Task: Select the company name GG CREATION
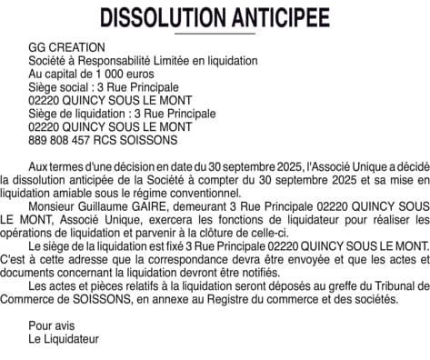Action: (67, 47)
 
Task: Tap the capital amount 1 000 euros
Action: (124, 74)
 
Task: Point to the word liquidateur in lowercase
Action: (314, 220)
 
